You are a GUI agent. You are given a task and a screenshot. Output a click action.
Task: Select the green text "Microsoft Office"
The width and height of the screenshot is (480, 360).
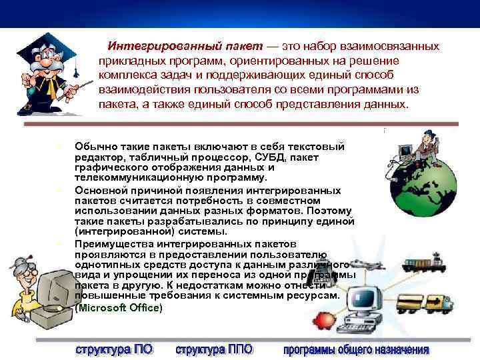click(x=119, y=307)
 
